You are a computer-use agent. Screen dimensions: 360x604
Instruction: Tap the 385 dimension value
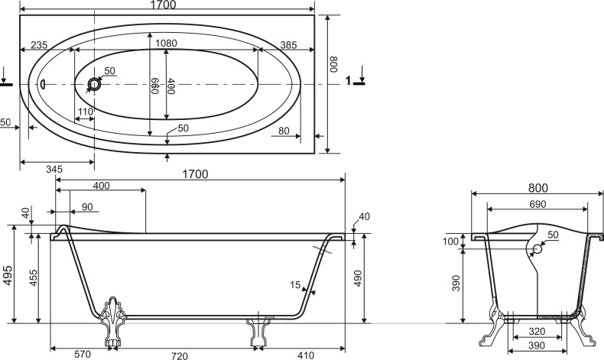(287, 45)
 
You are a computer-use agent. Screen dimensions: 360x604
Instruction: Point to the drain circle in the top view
(95, 84)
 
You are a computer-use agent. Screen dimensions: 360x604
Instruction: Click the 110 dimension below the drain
(85, 112)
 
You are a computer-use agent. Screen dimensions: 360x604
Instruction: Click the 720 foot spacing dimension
(180, 355)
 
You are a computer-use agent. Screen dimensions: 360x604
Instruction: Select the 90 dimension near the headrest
(86, 206)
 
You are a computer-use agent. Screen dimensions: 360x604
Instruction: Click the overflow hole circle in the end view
(537, 248)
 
